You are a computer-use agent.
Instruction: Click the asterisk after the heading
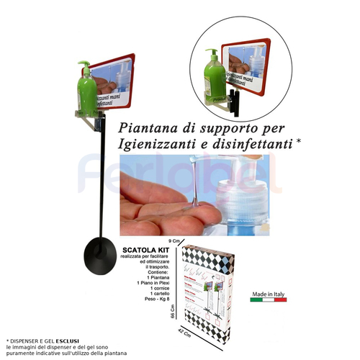(297, 142)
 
